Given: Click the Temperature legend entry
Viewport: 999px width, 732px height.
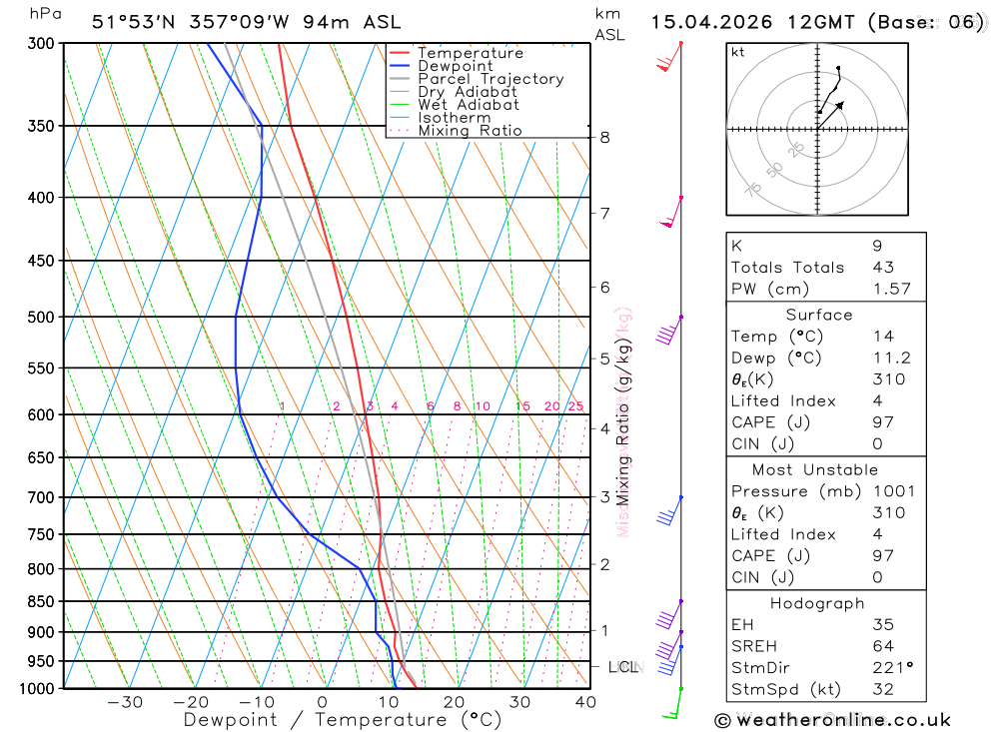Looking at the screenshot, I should pyautogui.click(x=470, y=53).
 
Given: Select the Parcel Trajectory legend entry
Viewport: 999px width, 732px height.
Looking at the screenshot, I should pyautogui.click(x=491, y=79).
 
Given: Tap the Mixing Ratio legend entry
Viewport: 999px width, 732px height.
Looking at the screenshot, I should pyautogui.click(x=470, y=131).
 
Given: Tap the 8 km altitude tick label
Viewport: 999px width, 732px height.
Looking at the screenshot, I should pyautogui.click(x=604, y=137).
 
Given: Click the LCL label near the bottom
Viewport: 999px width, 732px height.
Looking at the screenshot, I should pyautogui.click(x=622, y=666).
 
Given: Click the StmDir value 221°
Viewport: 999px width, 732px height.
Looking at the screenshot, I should pyautogui.click(x=889, y=668).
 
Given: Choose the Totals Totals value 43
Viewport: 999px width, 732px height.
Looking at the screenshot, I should pyautogui.click(x=883, y=268).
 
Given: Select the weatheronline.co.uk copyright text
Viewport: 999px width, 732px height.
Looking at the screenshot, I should pyautogui.click(x=832, y=719).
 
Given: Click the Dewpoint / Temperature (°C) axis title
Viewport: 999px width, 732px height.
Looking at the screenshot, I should pyautogui.click(x=342, y=719).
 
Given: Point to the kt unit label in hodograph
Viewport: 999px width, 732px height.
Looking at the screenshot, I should pyautogui.click(x=738, y=52).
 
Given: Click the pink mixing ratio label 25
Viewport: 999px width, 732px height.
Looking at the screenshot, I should pyautogui.click(x=575, y=406).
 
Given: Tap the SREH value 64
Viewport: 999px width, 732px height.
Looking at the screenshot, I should pyautogui.click(x=883, y=646).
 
